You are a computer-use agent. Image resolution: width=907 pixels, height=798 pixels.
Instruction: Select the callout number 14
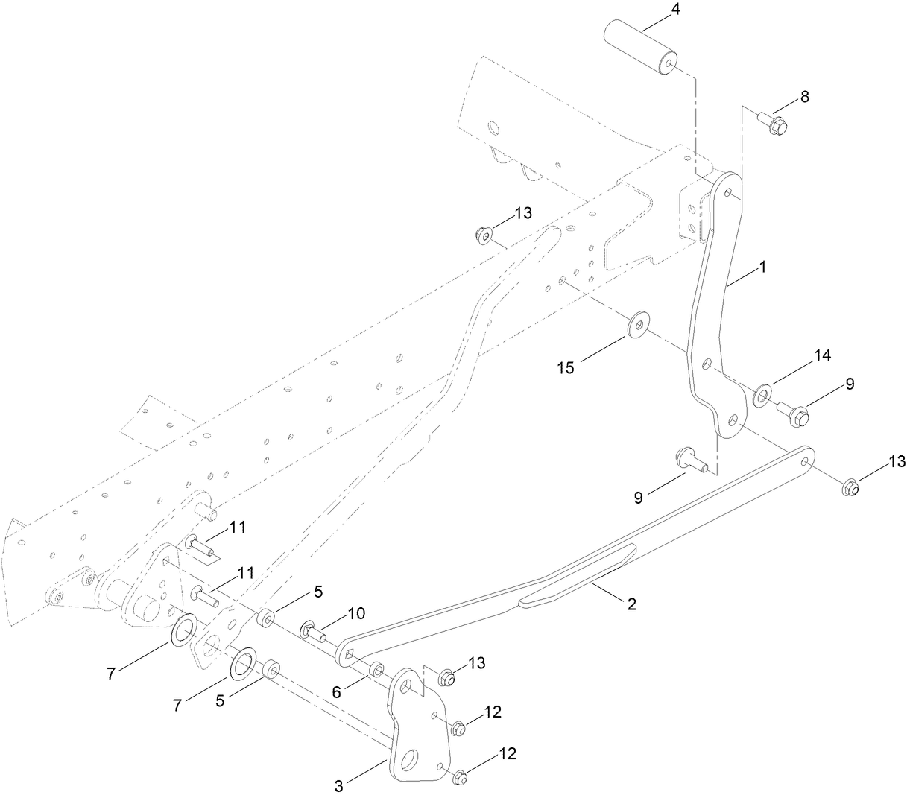[822, 355]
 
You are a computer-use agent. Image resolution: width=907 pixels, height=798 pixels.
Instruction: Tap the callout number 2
[631, 604]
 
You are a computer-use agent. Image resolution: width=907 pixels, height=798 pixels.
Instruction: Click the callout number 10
[356, 613]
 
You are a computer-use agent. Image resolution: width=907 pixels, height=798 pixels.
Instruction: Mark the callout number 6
[337, 692]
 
